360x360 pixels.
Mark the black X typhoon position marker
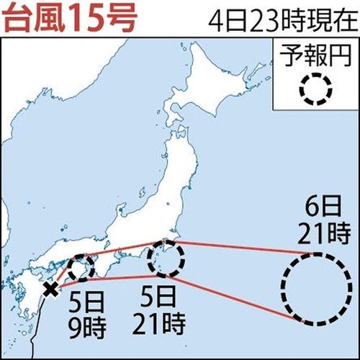coord(50,290)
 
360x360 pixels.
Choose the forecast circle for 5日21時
coord(166,259)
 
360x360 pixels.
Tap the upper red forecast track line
coord(238,247)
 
